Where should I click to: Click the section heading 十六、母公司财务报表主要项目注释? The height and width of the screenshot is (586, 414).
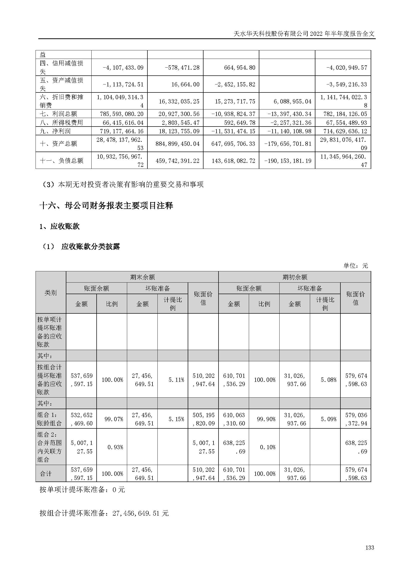106,205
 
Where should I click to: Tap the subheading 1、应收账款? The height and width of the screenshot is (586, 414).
59,226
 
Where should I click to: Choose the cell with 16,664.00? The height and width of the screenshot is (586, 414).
185,84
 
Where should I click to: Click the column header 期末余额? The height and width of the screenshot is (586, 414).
142,277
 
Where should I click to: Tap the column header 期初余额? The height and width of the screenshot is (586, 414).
295,277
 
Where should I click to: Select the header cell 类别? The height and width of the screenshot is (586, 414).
51,292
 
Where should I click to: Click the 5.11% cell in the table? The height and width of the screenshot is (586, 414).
176,380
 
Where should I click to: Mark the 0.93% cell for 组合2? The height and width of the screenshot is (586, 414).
115,447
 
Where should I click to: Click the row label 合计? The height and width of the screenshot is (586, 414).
46,474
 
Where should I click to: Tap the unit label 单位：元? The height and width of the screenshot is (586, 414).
356,266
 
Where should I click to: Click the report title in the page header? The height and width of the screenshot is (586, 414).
304,34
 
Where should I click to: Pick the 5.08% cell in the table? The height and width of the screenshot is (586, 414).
328,380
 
